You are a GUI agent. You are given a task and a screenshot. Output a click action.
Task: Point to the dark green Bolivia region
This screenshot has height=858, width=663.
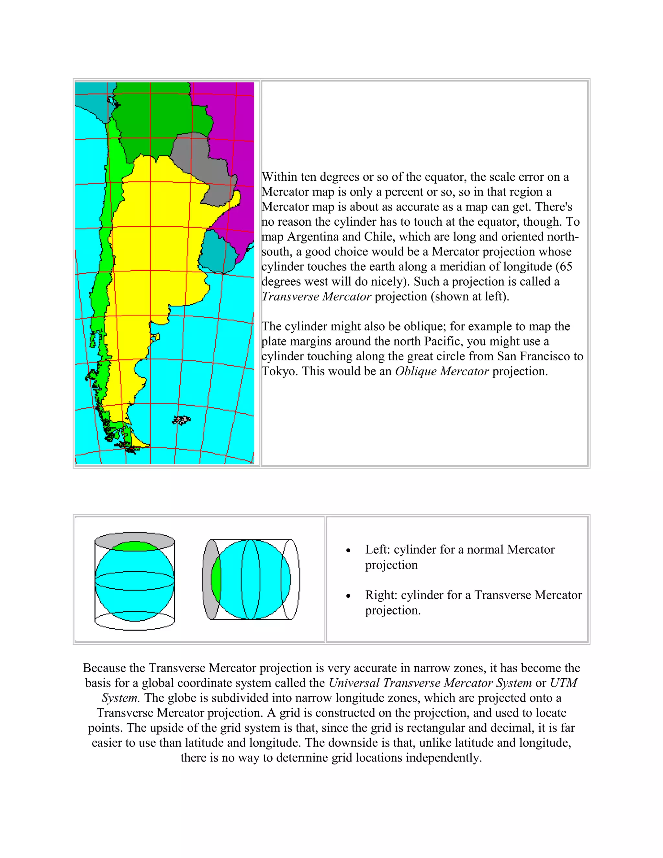pos(157,118)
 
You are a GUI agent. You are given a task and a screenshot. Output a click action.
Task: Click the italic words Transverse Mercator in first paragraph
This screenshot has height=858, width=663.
pos(316,297)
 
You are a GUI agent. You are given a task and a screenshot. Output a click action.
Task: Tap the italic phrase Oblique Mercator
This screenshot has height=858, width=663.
pos(442,371)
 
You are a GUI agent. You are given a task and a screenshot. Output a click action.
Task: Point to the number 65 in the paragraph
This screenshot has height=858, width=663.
pos(566,267)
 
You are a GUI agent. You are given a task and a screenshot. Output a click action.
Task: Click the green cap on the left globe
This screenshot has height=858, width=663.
pos(134,547)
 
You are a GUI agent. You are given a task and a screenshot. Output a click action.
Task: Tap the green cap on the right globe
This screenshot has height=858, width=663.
pos(216,579)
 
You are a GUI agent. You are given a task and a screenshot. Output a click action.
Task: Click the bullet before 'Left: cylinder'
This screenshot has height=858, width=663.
pos(348,551)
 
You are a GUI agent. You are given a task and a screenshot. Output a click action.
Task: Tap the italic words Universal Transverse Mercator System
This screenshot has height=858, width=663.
pos(430,683)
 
